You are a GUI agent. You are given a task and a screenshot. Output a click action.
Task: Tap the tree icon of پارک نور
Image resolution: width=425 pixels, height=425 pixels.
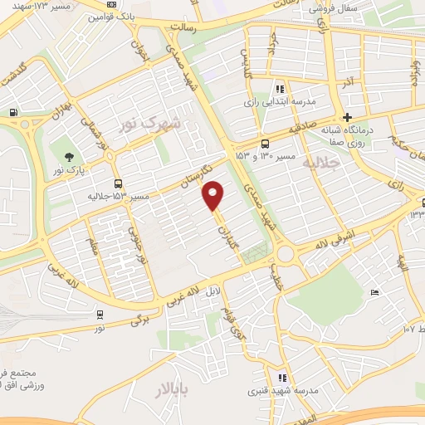pyautogui.click(x=68, y=157)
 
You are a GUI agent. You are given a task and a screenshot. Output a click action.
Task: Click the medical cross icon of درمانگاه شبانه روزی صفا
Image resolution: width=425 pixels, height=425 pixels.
pyautogui.click(x=348, y=117)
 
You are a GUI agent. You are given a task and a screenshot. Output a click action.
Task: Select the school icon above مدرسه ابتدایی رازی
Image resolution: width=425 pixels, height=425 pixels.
pyautogui.click(x=280, y=88)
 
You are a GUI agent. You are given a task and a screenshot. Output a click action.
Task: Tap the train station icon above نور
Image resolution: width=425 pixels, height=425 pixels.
pyautogui.click(x=100, y=314)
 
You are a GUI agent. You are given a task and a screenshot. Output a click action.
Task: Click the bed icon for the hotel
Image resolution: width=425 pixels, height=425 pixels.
pyautogui.click(x=374, y=292)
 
